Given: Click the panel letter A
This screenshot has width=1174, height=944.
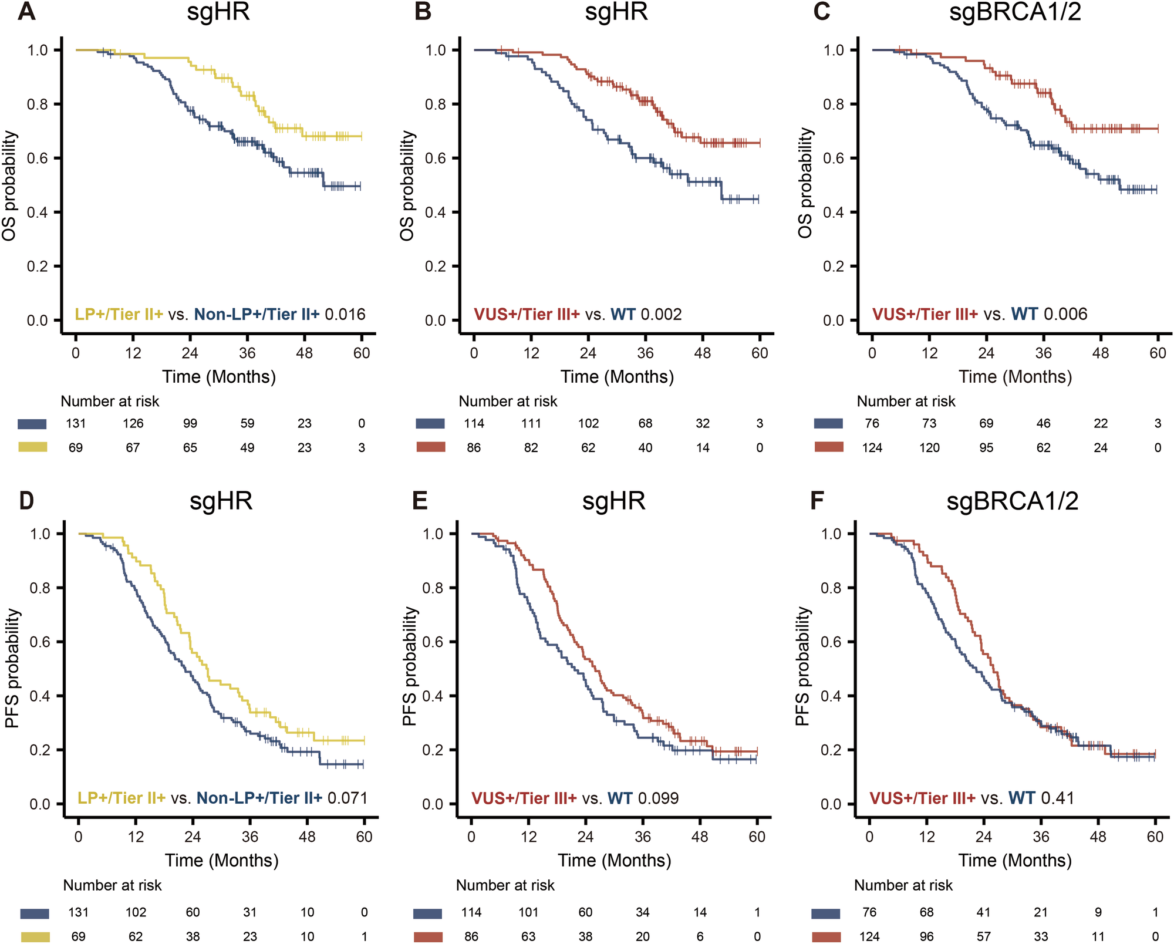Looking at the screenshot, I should click(27, 12).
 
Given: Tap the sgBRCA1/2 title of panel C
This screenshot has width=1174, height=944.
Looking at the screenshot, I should click(1015, 12).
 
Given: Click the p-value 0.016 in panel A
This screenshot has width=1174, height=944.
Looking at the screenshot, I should click(345, 315).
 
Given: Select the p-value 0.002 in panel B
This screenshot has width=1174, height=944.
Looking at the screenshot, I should click(662, 315).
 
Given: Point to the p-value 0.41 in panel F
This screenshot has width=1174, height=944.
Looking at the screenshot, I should click(1057, 798).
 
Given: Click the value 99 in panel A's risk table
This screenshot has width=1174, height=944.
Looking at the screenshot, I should click(190, 424).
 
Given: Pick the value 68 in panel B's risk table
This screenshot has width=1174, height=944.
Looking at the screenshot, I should click(645, 424).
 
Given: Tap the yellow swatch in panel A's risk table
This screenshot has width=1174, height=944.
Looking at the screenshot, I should click(32, 447).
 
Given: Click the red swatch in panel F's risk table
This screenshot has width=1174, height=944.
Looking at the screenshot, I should click(825, 937).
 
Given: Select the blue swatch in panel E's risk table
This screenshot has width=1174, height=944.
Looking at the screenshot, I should click(427, 913).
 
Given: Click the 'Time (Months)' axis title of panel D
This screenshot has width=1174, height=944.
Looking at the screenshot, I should click(221, 861).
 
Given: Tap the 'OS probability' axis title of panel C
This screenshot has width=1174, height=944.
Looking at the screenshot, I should click(805, 183).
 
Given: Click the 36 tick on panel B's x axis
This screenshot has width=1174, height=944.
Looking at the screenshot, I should click(645, 353).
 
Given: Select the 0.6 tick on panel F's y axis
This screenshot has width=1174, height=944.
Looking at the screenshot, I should click(831, 642).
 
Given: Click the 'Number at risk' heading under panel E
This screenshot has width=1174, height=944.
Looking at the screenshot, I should click(505, 885).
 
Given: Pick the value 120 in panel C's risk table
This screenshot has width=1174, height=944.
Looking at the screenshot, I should click(929, 448).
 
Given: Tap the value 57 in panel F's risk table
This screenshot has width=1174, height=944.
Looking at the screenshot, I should click(983, 937).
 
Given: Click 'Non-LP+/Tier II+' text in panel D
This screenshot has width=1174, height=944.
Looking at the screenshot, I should click(259, 798).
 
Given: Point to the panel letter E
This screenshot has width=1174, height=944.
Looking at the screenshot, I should click(420, 501).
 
